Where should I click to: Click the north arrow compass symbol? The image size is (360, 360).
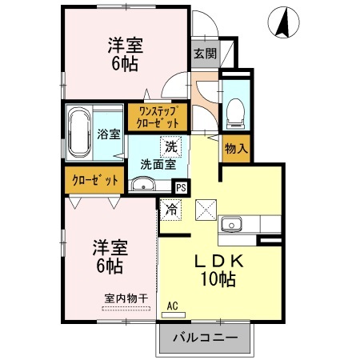pos(282,22)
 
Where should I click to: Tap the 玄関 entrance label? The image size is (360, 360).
pos(205,54)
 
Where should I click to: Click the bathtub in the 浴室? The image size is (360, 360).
pos(80,131)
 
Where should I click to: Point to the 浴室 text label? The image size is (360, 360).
pos(109,134)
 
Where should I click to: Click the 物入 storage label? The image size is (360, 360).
pos(236,149)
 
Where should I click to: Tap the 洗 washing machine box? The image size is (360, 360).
pos(171,146)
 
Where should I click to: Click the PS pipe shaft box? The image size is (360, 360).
pos(181,188)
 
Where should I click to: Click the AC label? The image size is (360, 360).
pos(172,305)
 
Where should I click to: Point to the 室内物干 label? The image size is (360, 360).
pos(126,298)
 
